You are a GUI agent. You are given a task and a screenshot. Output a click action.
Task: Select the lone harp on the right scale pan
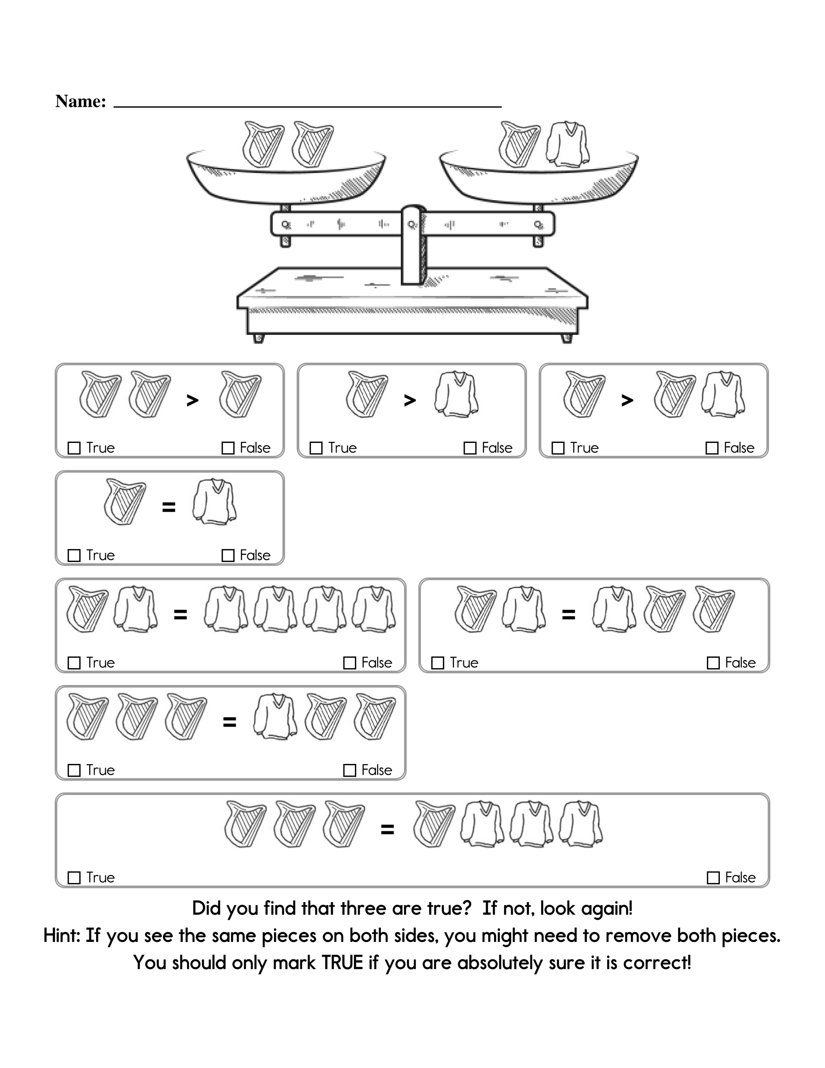519,144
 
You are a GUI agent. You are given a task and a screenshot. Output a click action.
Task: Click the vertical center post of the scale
413,244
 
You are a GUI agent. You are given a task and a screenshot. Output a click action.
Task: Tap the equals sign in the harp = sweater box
169,507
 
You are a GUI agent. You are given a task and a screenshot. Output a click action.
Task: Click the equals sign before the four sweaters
180,615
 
